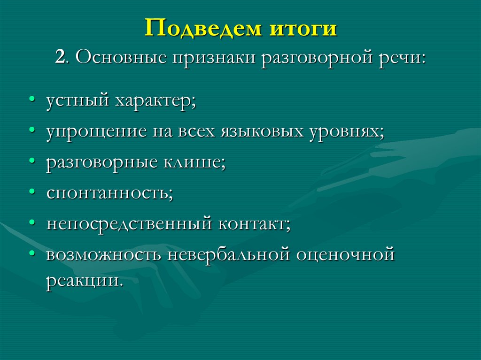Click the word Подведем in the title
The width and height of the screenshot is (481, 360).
coord(203,29)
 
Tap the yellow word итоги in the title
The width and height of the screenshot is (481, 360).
coord(303,30)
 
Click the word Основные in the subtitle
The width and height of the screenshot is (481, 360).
coord(121,57)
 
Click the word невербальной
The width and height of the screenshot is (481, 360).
coord(229,254)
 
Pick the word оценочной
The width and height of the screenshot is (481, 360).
coord(345,255)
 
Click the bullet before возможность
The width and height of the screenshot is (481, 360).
coord(31,253)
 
